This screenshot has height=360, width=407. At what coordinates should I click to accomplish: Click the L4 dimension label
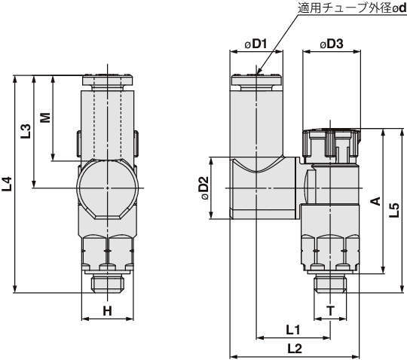tap(7, 184)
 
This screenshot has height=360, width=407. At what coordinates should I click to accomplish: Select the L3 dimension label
tap(26, 131)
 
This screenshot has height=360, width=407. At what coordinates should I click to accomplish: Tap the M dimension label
tap(45, 117)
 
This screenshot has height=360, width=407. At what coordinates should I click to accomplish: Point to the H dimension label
tap(107, 311)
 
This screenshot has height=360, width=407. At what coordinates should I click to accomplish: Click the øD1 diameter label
tap(256, 44)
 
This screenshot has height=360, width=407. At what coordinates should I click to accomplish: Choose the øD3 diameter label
tap(332, 44)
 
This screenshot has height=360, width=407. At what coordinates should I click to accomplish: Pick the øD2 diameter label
tap(203, 188)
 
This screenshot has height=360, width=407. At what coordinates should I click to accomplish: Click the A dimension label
tap(375, 201)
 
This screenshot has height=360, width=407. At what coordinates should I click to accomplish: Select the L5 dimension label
tap(394, 209)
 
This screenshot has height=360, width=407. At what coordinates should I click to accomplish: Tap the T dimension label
tap(330, 311)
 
